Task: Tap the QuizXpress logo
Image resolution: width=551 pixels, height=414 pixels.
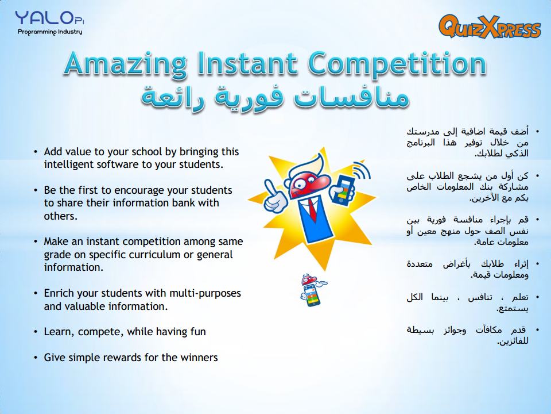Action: click(x=490, y=26)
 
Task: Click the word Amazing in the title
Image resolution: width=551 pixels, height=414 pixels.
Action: click(x=125, y=64)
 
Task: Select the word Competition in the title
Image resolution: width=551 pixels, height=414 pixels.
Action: click(x=397, y=64)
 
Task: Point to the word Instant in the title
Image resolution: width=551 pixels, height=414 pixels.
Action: click(x=247, y=63)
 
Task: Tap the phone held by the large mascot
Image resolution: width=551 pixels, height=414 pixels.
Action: click(x=343, y=189)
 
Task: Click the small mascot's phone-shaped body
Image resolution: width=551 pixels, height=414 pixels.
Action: click(x=311, y=295)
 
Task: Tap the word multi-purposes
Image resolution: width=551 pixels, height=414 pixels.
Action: click(x=205, y=294)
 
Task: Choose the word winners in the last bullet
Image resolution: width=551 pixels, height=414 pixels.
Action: click(x=199, y=357)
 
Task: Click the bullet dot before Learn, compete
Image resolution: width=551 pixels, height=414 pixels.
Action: click(x=36, y=332)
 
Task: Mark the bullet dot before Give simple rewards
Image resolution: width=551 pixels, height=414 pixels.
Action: click(x=36, y=358)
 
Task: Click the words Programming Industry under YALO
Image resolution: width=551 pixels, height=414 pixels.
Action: click(x=50, y=32)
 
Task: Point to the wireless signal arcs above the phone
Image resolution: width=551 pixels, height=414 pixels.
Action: click(x=363, y=170)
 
